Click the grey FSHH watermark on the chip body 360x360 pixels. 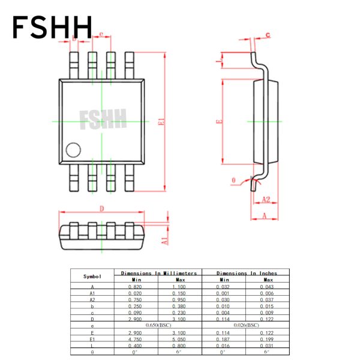pyautogui.click(x=103, y=119)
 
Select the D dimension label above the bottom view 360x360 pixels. pyautogui.click(x=101, y=208)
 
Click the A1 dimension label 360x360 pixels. pyautogui.click(x=164, y=241)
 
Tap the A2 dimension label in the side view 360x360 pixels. pyautogui.click(x=266, y=199)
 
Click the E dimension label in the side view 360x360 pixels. pyautogui.click(x=220, y=122)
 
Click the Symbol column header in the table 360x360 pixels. pyautogui.click(x=92, y=277)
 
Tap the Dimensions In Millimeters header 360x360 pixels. pyautogui.click(x=158, y=273)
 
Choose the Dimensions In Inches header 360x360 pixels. pyautogui.click(x=247, y=273)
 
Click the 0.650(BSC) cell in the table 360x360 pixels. pyautogui.click(x=158, y=325)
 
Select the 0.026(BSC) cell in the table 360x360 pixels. pyautogui.click(x=247, y=325)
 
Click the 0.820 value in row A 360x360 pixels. pyautogui.click(x=136, y=287)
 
